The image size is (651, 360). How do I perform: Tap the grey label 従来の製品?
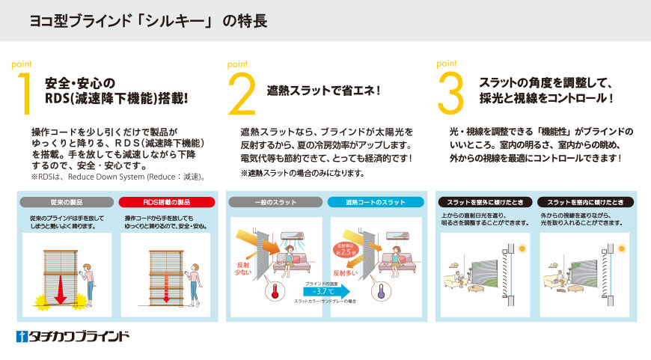click(67, 202)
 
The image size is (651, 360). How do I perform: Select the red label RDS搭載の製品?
click(168, 202)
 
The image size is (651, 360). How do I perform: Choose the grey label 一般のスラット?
click(276, 202)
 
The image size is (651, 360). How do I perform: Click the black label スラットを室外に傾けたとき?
click(484, 202)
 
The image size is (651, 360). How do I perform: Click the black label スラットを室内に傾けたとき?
click(585, 202)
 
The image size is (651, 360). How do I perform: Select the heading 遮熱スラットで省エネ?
click(324, 91)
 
